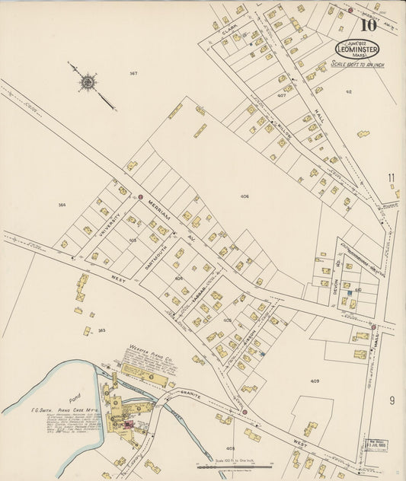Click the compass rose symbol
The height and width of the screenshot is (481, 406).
click(88, 80)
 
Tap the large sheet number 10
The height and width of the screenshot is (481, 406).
click(369, 25)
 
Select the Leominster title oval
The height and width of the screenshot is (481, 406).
click(356, 48)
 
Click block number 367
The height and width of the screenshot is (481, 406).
click(133, 73)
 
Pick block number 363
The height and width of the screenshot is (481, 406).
click(101, 330)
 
